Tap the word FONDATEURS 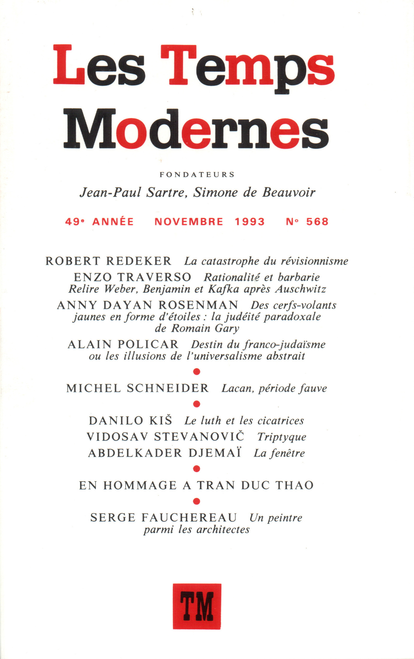click(x=197, y=175)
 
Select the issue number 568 click(x=317, y=221)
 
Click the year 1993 click(x=250, y=221)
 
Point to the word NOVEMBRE click(x=189, y=221)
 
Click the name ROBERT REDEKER click(x=109, y=261)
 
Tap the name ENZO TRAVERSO click(x=133, y=277)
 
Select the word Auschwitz click(x=300, y=289)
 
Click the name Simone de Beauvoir click(x=254, y=193)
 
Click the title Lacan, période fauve click(x=274, y=388)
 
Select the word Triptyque click(x=282, y=437)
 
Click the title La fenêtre click(x=279, y=453)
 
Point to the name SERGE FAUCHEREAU click(x=163, y=518)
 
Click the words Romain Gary click(x=205, y=328)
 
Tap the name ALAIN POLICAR click(x=123, y=344)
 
